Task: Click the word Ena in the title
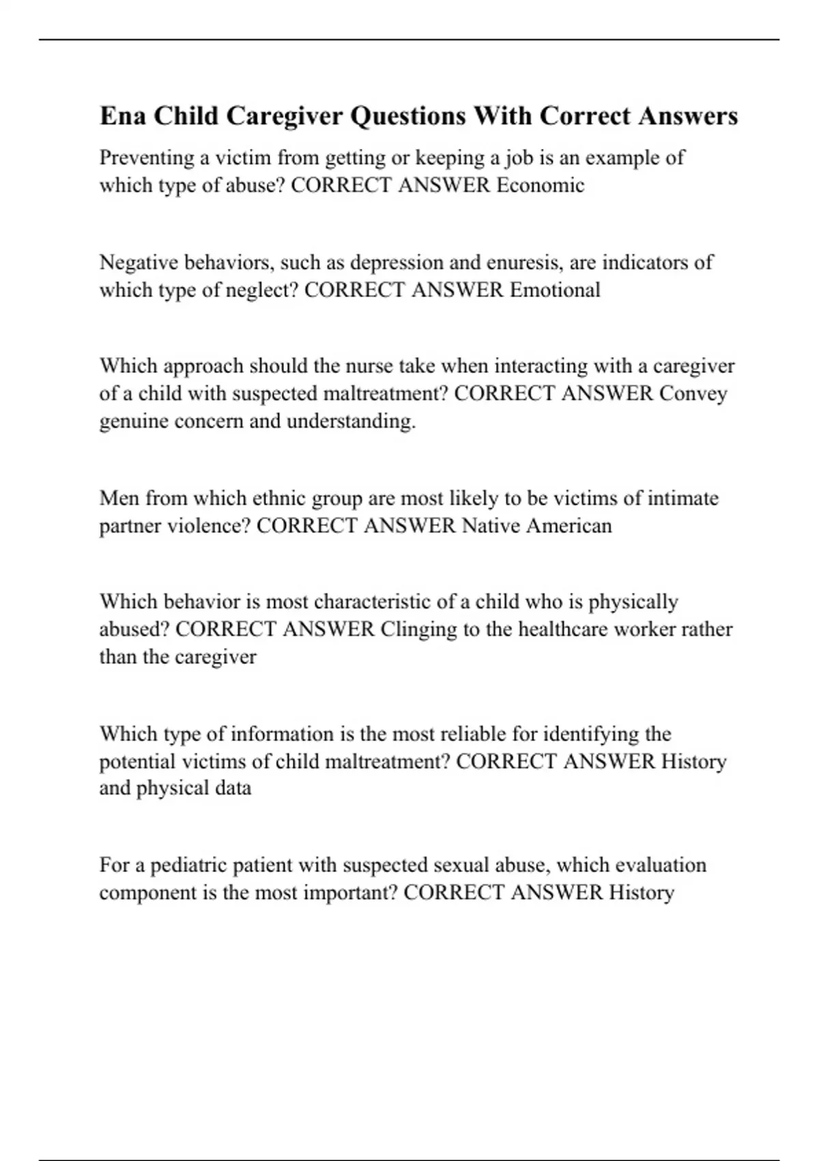(123, 115)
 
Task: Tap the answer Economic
(540, 185)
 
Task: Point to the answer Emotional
(555, 290)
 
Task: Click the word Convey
(693, 393)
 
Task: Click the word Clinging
(418, 629)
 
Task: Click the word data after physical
(233, 788)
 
